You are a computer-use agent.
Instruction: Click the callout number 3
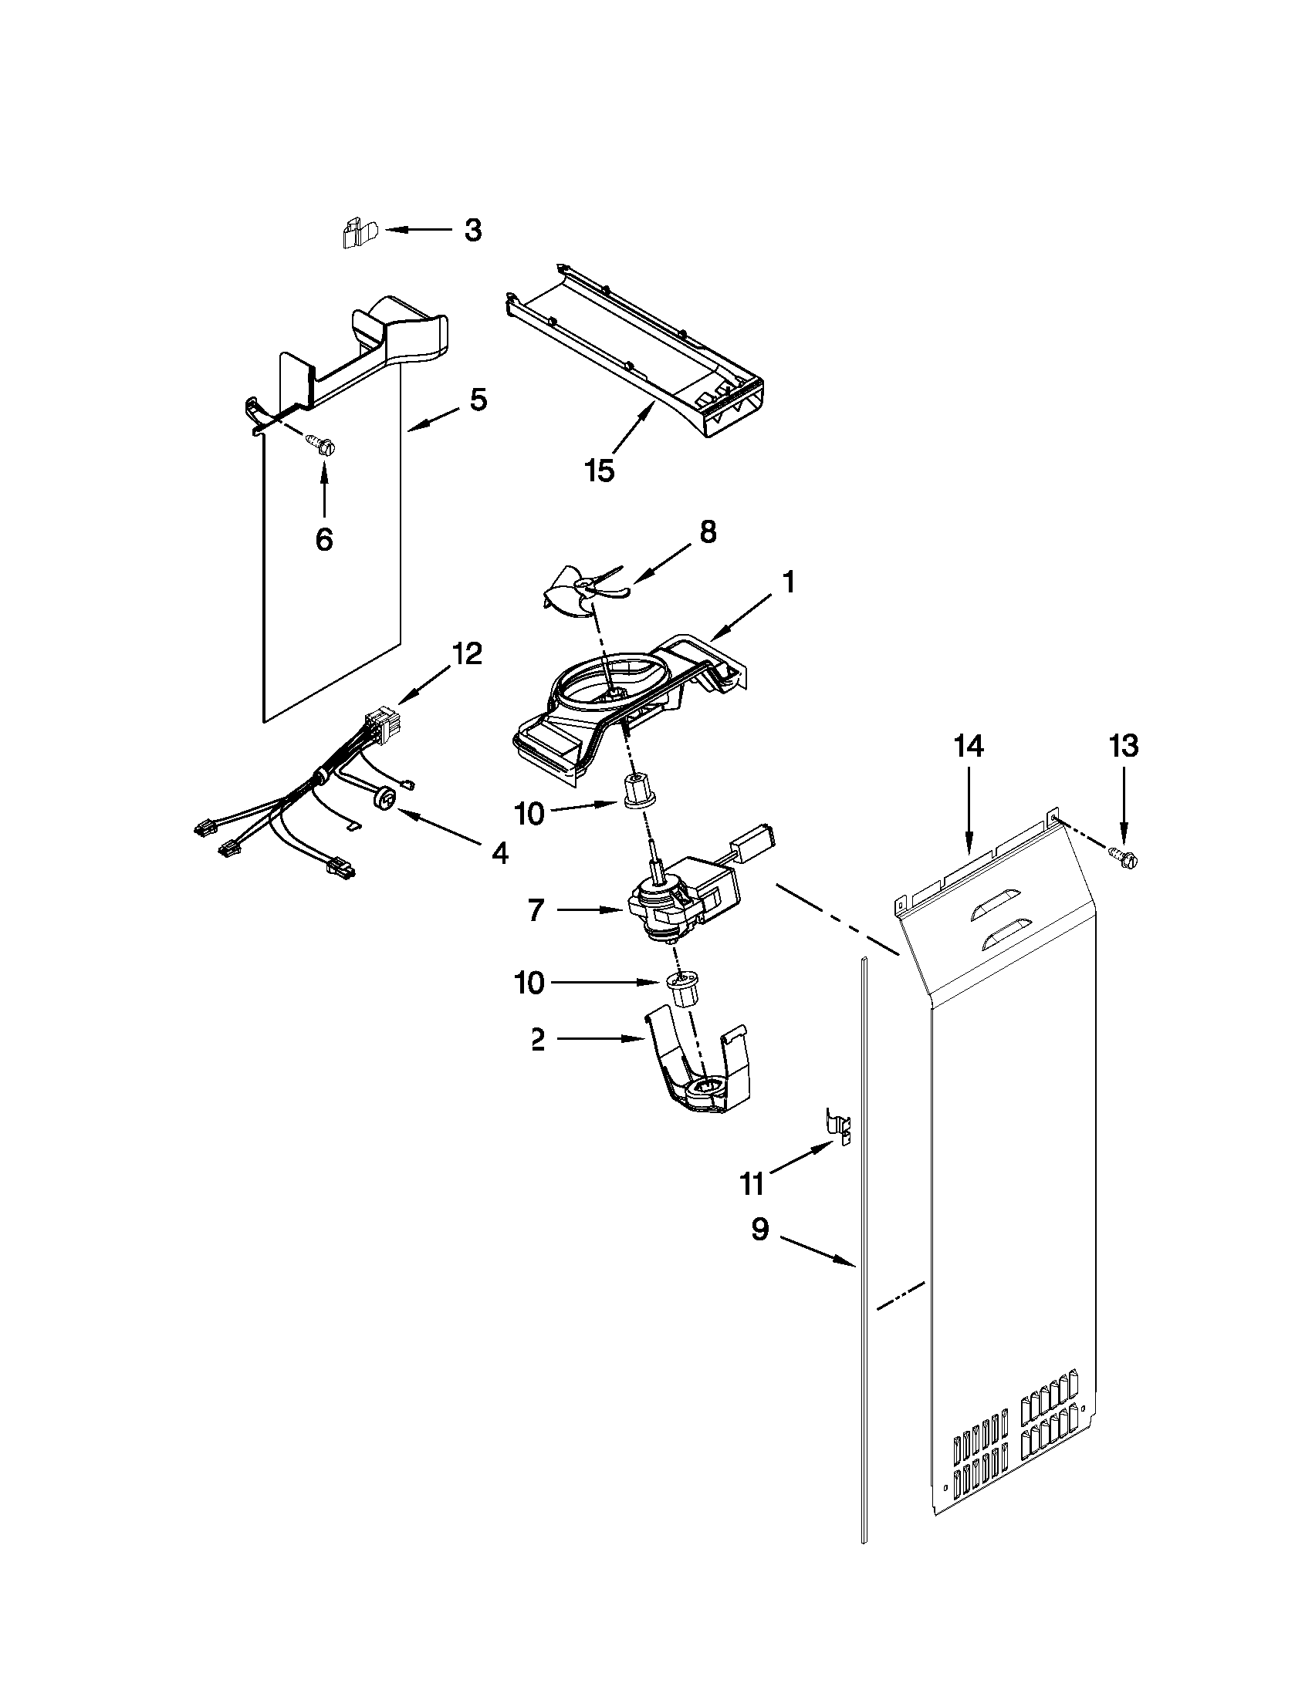473,230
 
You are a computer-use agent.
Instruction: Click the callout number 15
599,470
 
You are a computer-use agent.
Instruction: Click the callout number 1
788,582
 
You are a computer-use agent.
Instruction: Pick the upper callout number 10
529,814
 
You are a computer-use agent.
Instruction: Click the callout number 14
969,746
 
